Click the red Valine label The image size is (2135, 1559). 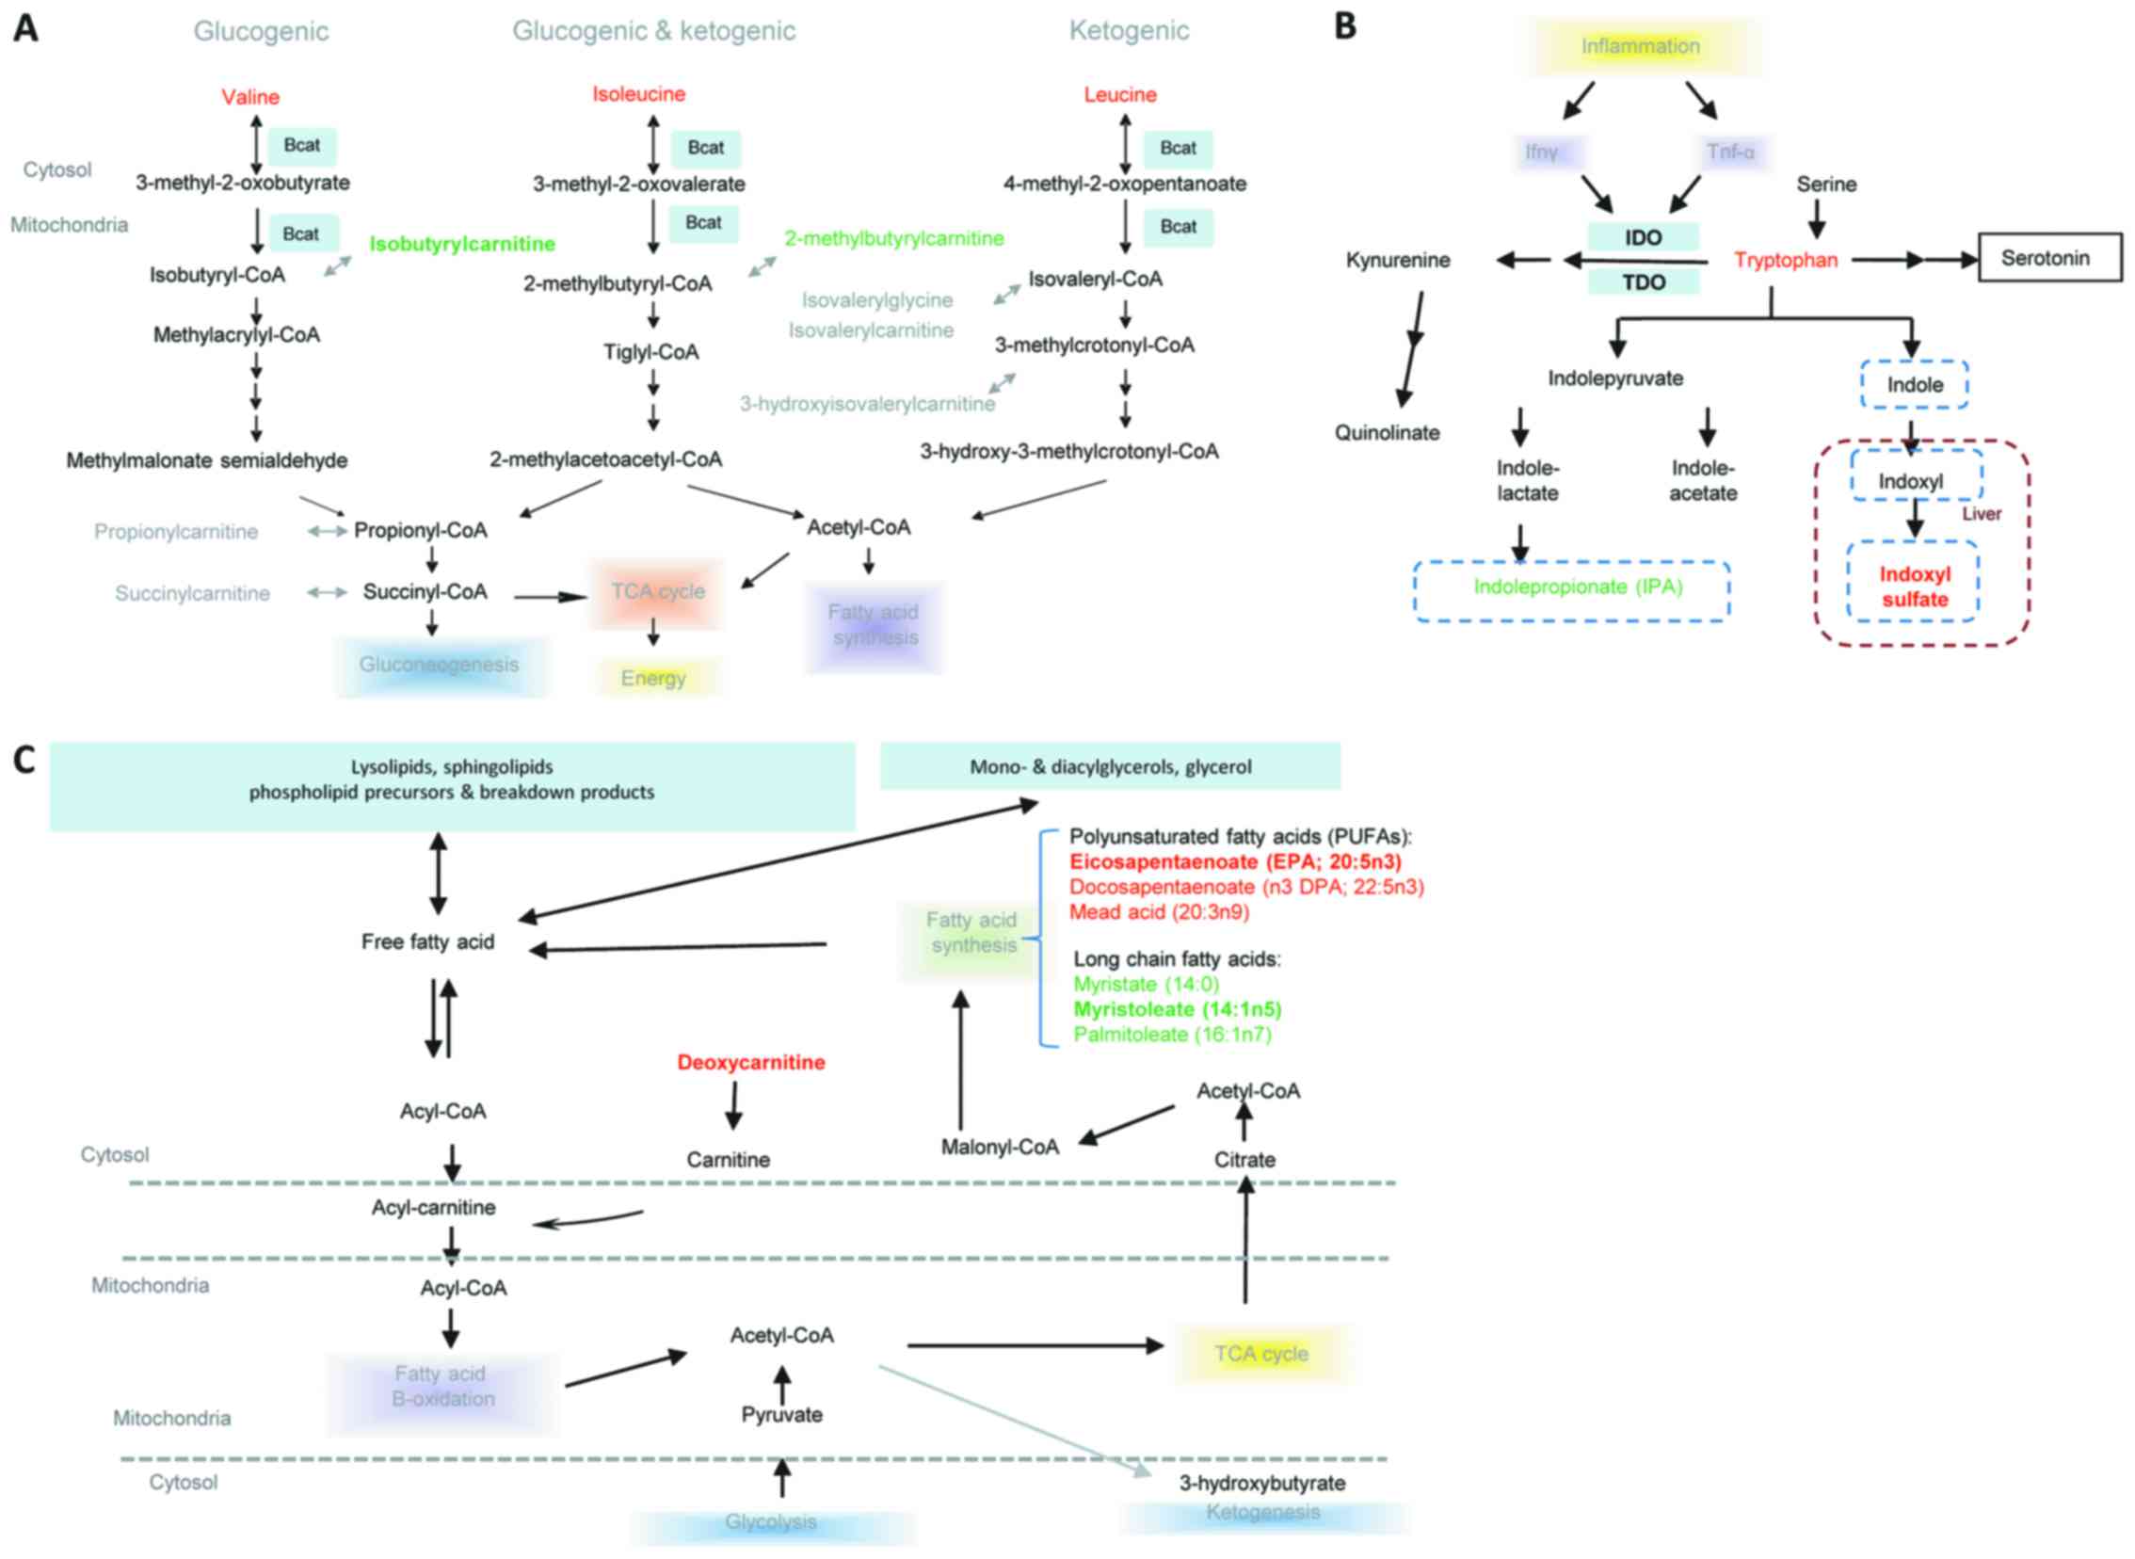(250, 97)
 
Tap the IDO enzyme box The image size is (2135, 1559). (1643, 238)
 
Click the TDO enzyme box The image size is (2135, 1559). (1643, 281)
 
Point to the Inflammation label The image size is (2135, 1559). (1640, 46)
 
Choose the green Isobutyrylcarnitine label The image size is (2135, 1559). (462, 245)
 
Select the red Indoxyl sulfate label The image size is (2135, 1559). (1913, 587)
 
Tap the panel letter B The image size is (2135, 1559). (1345, 26)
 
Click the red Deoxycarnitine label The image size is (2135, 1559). (751, 1063)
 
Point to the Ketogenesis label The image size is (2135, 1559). (1262, 1513)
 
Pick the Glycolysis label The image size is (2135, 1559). (771, 1522)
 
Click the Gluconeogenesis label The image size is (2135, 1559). (439, 666)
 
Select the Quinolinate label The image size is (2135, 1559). (1387, 433)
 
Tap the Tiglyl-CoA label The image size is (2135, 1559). (651, 353)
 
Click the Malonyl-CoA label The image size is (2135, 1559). (1000, 1148)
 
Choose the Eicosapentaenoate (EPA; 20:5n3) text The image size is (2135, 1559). (1235, 861)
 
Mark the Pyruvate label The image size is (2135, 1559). (781, 1416)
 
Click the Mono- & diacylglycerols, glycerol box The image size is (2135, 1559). (1110, 766)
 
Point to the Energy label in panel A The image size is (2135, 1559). (653, 679)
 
